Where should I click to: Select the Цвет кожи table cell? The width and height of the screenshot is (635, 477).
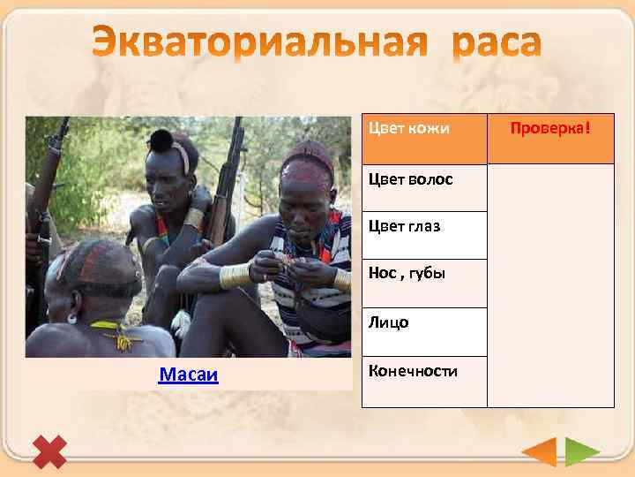[424, 139]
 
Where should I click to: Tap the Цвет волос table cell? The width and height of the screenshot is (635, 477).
[424, 188]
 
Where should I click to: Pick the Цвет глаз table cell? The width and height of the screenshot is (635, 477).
[424, 235]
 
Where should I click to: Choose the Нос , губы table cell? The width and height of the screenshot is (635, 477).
[424, 283]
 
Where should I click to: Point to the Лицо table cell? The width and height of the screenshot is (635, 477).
[424, 331]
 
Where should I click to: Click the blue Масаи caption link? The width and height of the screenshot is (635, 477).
[189, 376]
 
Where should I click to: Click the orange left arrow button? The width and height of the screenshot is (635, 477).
[540, 452]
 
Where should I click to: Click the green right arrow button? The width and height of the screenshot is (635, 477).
[581, 452]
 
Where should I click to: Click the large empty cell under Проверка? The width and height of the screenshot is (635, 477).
[550, 284]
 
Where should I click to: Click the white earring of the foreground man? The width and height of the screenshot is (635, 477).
[71, 315]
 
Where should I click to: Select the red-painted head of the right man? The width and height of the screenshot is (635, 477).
[308, 163]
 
